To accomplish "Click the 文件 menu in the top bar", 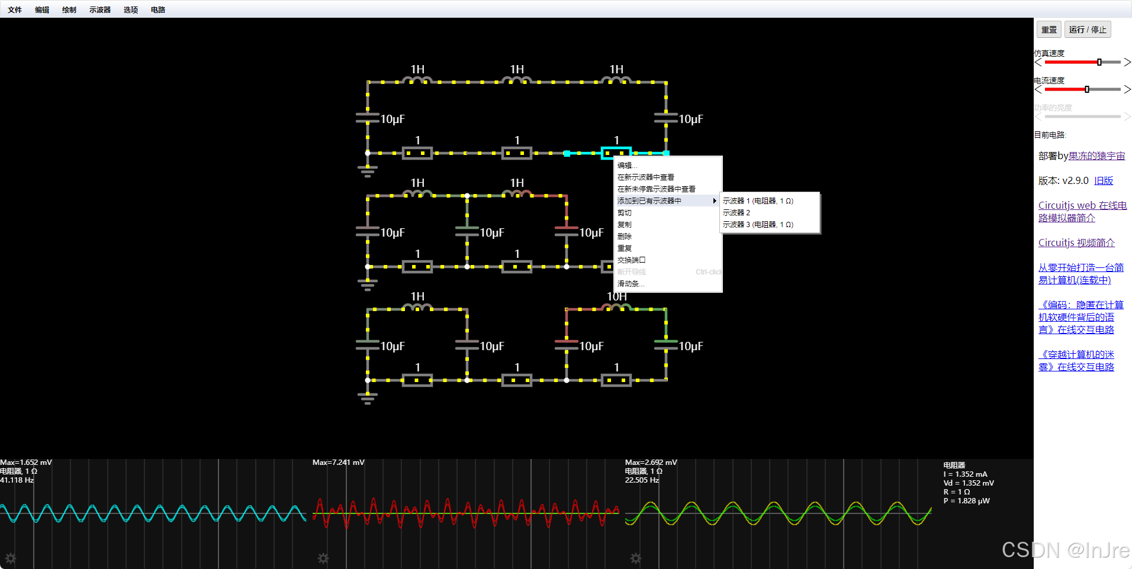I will (15, 9).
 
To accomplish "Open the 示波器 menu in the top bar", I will (100, 9).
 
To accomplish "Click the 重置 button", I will (1049, 30).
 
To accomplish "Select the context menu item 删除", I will (625, 236).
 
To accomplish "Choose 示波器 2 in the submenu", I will (737, 212).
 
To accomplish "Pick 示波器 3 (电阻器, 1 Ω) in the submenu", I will (758, 224).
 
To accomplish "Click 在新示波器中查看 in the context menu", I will (645, 177).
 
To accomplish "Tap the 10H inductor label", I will (616, 296).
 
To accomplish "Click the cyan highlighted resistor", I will (616, 153).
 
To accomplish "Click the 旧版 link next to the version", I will (1104, 180).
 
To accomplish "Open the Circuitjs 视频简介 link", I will (1076, 243).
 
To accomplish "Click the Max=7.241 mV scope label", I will (339, 463).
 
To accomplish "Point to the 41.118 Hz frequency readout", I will (17, 480).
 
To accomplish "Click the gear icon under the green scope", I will (635, 558).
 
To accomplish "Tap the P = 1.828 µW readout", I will (966, 501).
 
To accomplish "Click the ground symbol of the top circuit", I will (368, 172).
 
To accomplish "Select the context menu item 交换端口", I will (631, 260).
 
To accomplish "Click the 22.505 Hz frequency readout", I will (642, 480).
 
